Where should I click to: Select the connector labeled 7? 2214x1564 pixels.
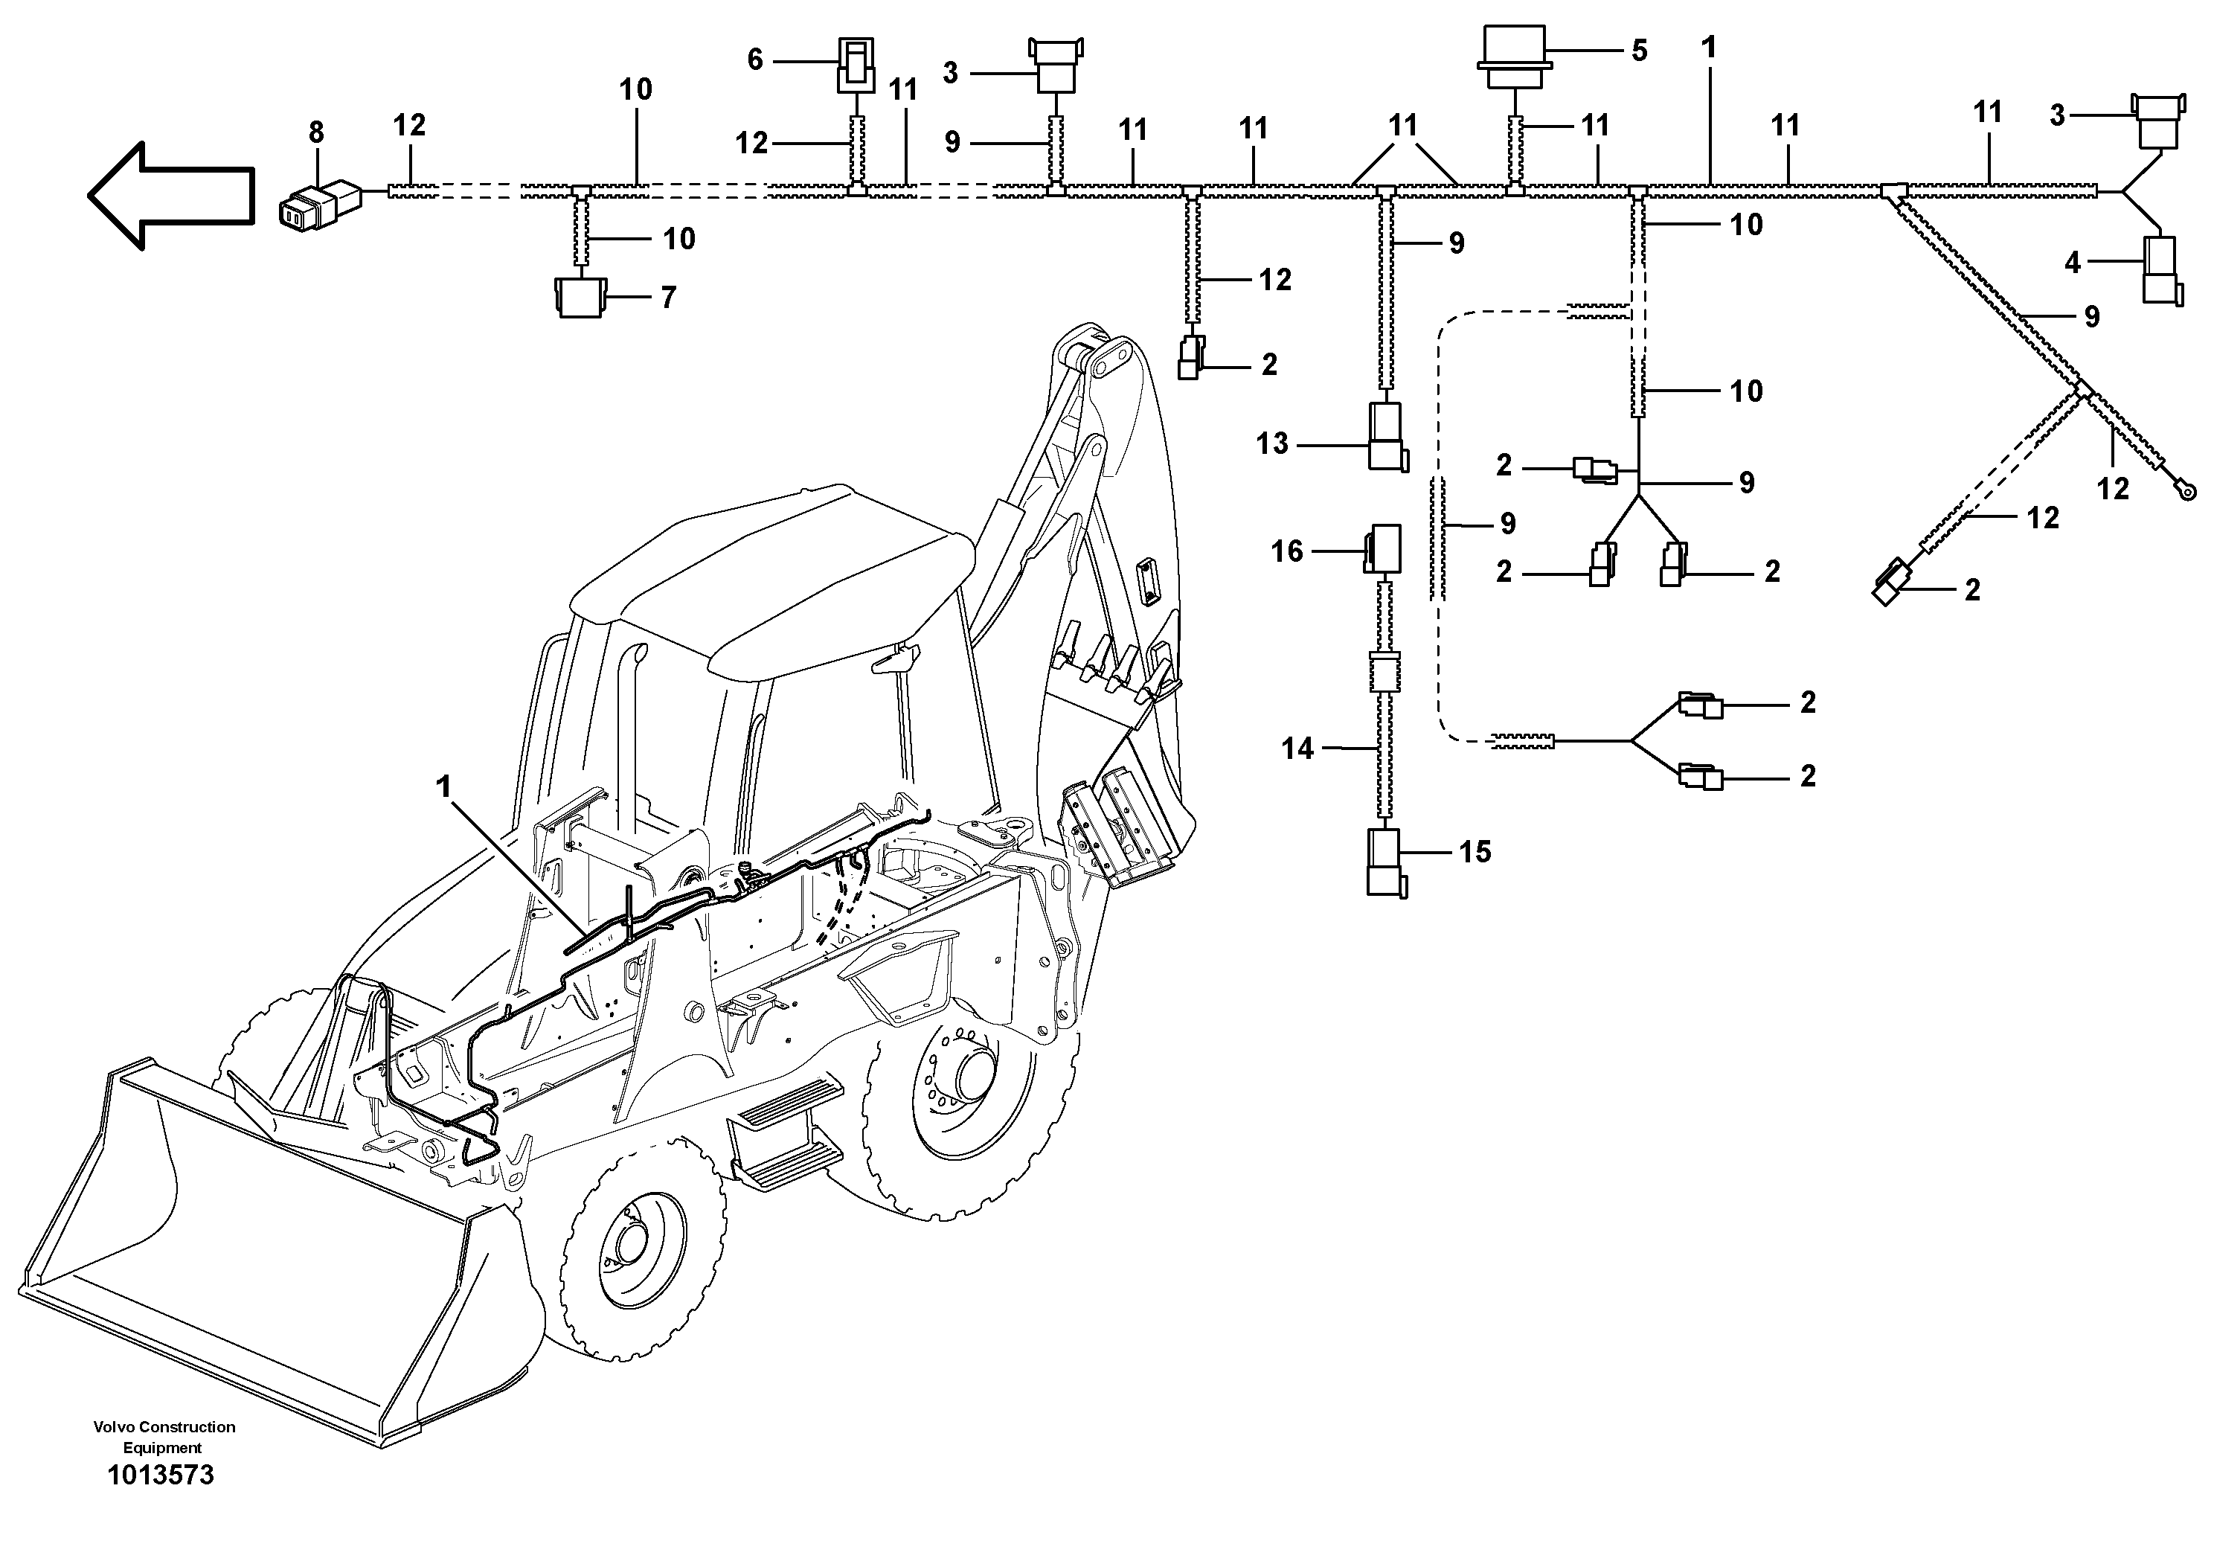click(580, 297)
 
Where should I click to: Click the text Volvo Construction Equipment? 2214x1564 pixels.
click(164, 1437)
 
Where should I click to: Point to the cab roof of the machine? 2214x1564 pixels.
click(771, 569)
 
